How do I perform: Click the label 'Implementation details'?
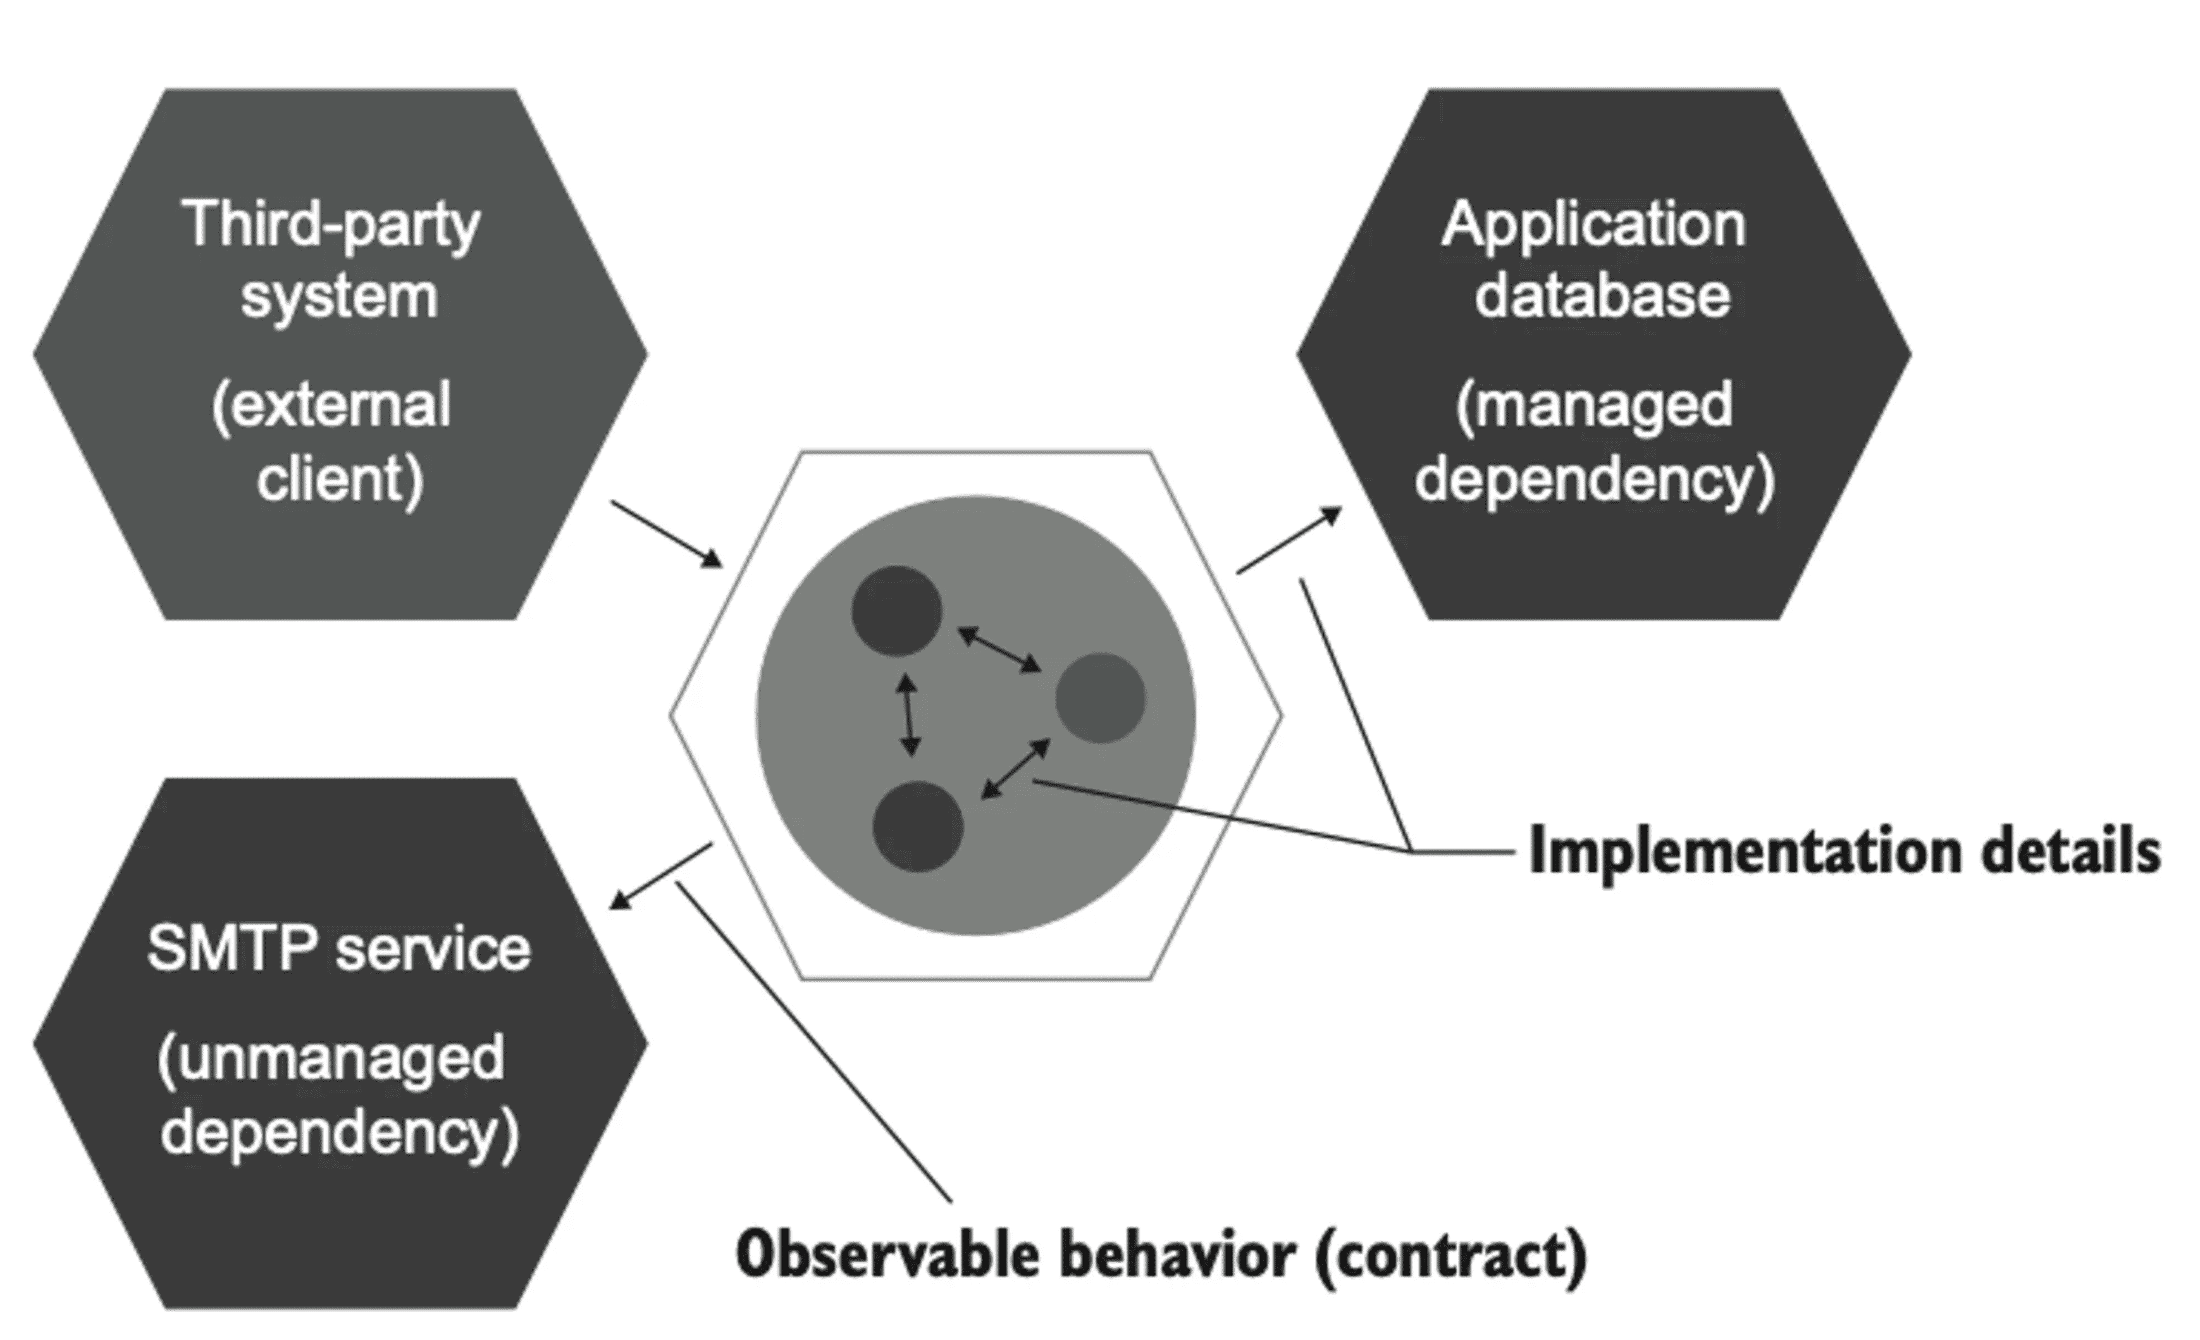(1844, 851)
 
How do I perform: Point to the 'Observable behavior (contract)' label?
(1161, 1255)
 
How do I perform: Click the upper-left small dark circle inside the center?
(896, 611)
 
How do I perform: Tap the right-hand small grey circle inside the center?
(1100, 697)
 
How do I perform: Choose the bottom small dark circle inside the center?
(917, 826)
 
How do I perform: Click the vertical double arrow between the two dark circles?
(908, 715)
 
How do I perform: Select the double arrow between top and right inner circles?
(999, 649)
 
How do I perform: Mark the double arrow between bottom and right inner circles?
(1015, 769)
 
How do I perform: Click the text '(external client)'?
(332, 442)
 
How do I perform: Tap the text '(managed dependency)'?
(1595, 442)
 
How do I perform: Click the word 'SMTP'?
(230, 948)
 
